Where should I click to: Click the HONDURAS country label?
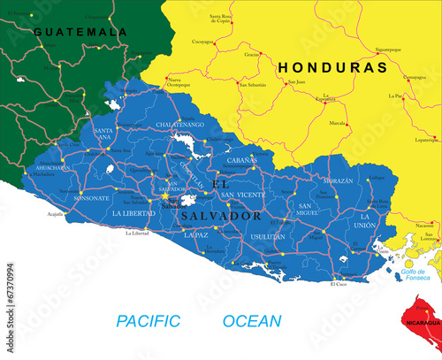coord(332,67)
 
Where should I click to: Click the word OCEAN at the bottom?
coord(252,321)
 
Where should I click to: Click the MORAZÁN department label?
coord(338,180)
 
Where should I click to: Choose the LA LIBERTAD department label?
coord(133,213)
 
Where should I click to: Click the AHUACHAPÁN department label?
coord(52,167)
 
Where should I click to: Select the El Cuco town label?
coord(339,284)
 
